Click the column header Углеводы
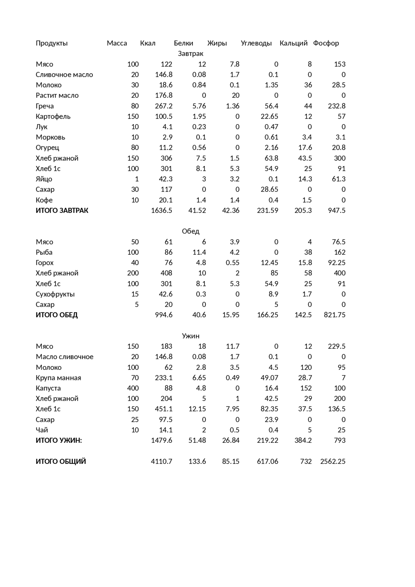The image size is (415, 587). pos(256,43)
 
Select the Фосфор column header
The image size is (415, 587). pos(326,43)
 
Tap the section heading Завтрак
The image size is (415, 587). pos(191,53)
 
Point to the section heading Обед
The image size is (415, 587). pos(191,231)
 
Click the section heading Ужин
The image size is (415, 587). pos(191,336)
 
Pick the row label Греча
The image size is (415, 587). pos(45,106)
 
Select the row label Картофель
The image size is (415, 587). pos(53,116)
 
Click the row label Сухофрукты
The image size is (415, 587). pos(55,294)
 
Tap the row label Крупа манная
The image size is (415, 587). pos(58,378)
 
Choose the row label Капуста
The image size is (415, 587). pos(48,388)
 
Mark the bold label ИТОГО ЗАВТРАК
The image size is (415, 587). pos(62,210)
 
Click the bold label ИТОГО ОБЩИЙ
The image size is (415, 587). pos(61,461)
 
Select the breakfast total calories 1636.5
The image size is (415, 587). pos(161,210)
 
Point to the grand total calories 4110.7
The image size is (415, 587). pos(161,461)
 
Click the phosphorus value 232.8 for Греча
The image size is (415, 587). pos(337,106)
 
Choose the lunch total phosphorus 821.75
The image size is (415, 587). pos(335,315)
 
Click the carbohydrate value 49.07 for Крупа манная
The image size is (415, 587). pos(269,378)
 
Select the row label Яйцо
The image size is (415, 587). pos(44,179)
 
